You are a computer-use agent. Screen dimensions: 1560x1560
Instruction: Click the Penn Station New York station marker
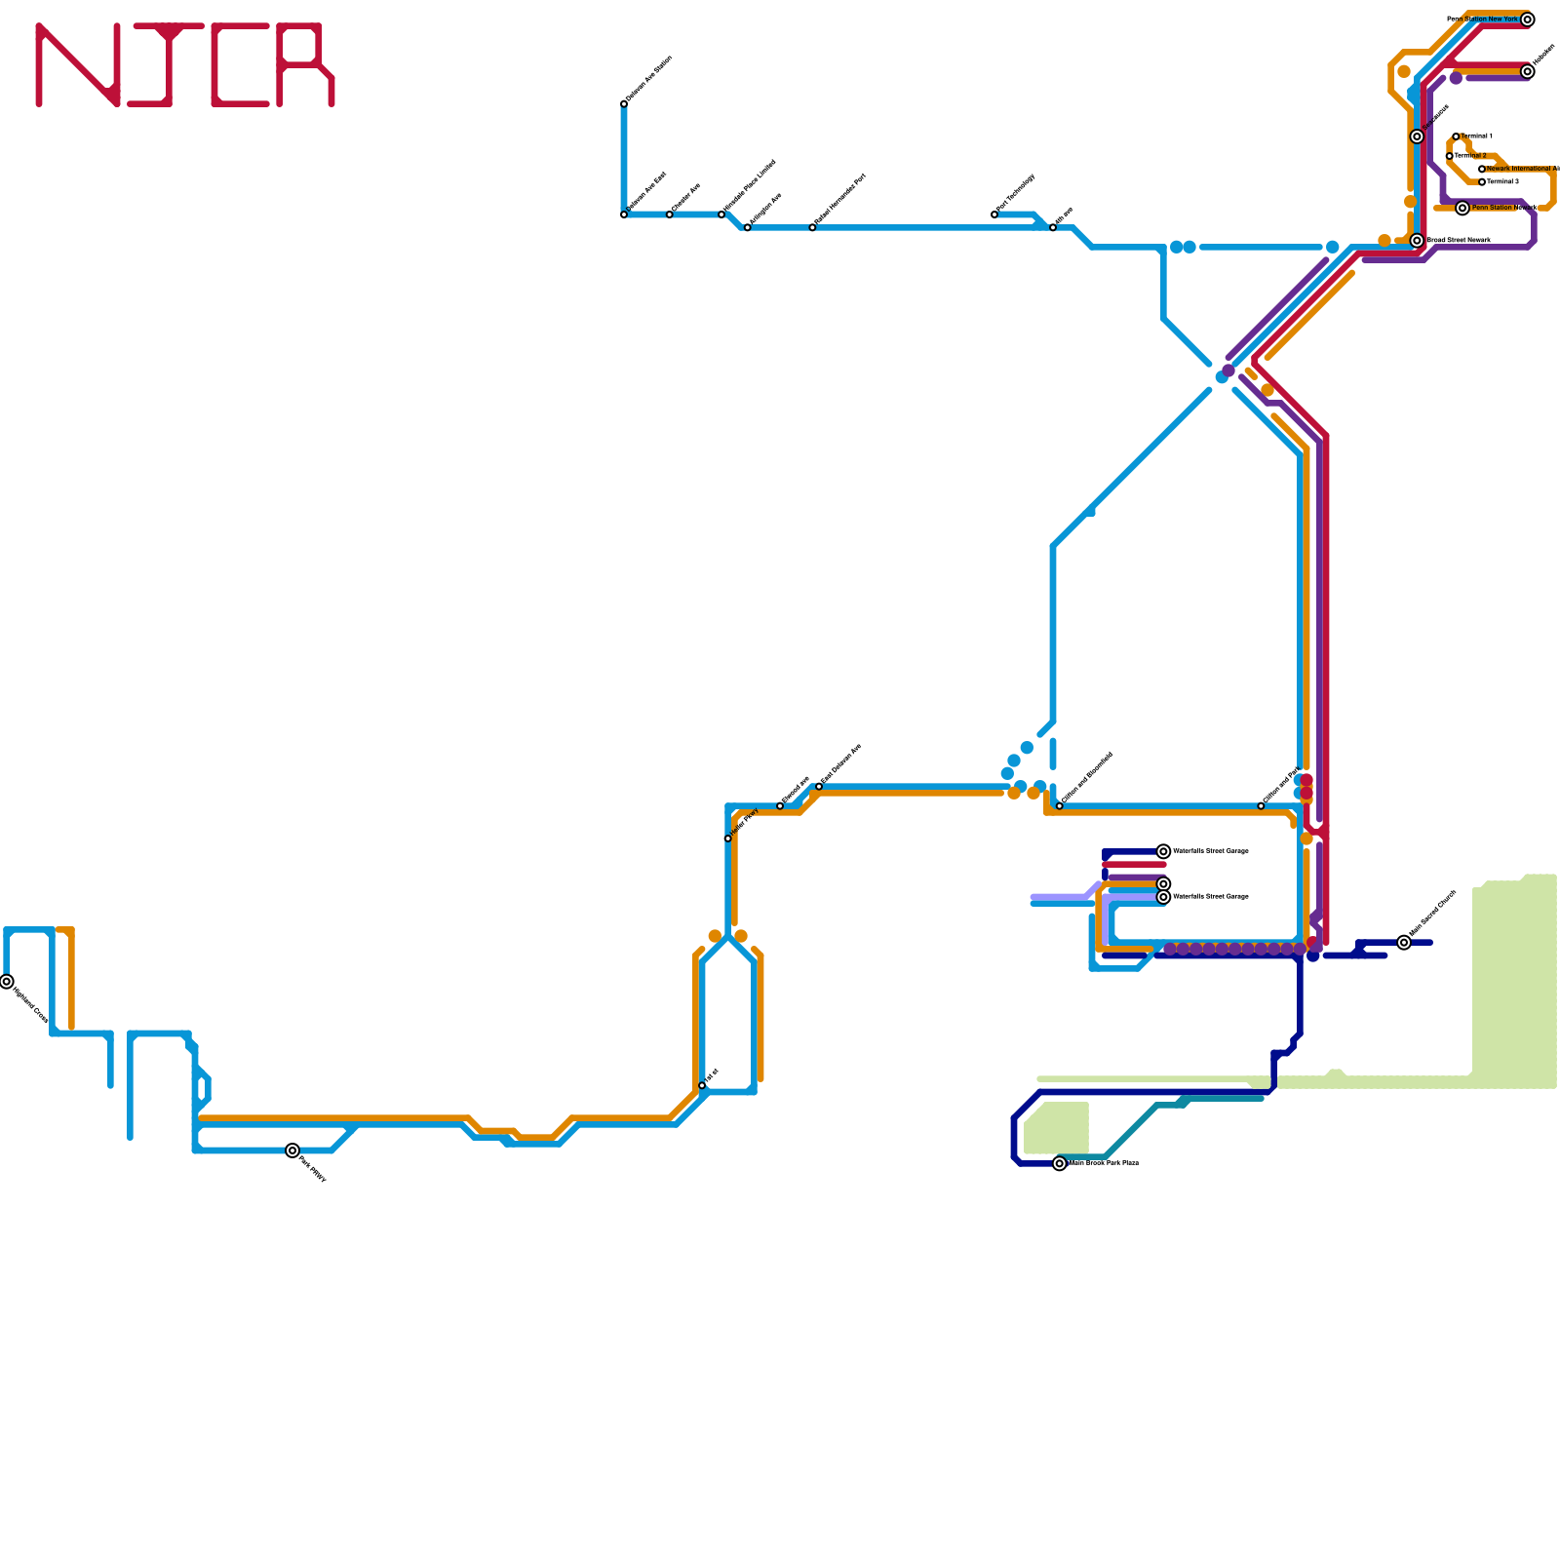tap(1527, 19)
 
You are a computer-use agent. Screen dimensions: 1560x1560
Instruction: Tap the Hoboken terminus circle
tap(1527, 72)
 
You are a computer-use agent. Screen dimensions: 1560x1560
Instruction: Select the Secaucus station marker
tap(1417, 136)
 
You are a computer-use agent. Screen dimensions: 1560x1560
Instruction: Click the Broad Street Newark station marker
tap(1417, 241)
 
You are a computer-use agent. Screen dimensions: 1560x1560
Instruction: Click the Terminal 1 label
tap(1476, 136)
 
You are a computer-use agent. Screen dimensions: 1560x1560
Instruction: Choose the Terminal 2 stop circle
tap(1450, 156)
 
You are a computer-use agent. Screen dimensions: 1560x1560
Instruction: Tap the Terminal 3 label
tap(1502, 182)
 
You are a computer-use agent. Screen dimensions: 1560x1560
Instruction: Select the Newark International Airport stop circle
tap(1482, 170)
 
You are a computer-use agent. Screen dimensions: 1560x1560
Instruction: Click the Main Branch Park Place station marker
tap(1060, 1163)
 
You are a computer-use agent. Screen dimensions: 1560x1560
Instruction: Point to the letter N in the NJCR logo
tap(78, 64)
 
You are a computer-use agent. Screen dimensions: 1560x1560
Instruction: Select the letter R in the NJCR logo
tap(305, 64)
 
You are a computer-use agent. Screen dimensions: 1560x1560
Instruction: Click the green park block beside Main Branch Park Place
tap(1057, 1128)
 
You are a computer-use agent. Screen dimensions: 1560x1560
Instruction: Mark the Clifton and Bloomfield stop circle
tap(1060, 806)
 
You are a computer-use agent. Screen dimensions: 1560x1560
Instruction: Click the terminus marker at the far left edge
tap(7, 982)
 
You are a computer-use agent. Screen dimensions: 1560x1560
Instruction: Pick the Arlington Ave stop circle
tap(748, 228)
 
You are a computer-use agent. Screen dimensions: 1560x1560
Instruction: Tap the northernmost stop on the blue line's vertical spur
tap(624, 104)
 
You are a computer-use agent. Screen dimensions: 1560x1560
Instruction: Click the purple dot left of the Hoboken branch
tap(1456, 78)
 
